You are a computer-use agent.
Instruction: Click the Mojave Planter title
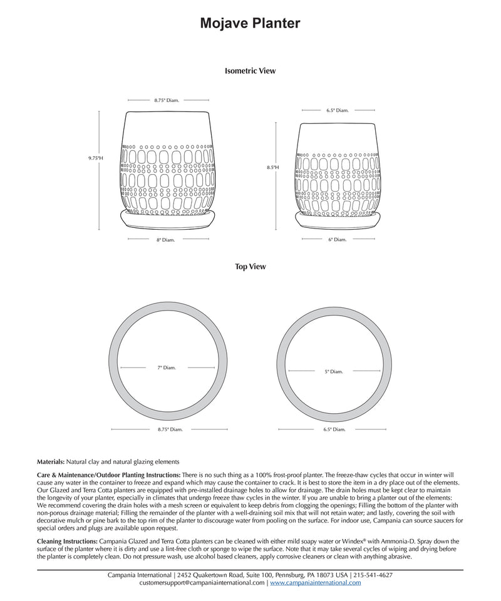pyautogui.click(x=250, y=23)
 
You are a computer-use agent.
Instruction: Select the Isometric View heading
pyautogui.click(x=250, y=71)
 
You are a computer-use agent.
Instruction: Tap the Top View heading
pyautogui.click(x=250, y=267)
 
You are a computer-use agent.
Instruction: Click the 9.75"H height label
pyautogui.click(x=95, y=158)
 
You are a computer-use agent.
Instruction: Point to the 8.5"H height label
pyautogui.click(x=272, y=168)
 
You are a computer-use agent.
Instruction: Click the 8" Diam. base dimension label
pyautogui.click(x=166, y=239)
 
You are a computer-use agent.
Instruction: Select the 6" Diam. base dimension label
pyautogui.click(x=337, y=239)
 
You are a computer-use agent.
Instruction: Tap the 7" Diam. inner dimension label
pyautogui.click(x=167, y=367)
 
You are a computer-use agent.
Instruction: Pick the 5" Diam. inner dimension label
pyautogui.click(x=334, y=372)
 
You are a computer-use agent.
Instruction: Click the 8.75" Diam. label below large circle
pyautogui.click(x=170, y=429)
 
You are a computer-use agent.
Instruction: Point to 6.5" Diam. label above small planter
pyautogui.click(x=337, y=110)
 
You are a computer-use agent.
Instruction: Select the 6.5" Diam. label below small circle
pyautogui.click(x=334, y=429)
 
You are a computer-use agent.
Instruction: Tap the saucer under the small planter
pyautogui.click(x=338, y=220)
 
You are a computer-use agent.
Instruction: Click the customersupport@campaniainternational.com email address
pyautogui.click(x=202, y=582)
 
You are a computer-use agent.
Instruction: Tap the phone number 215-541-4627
pyautogui.click(x=373, y=575)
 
